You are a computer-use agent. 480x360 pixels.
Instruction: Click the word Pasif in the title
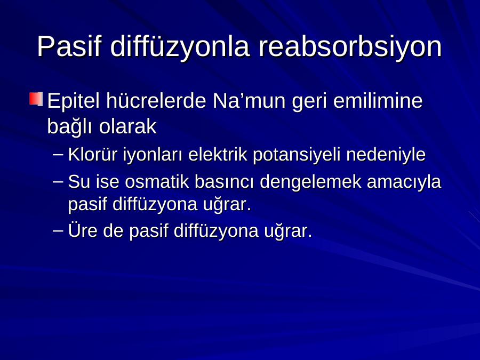click(x=69, y=46)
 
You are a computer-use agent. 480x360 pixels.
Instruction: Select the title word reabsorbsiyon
click(x=350, y=46)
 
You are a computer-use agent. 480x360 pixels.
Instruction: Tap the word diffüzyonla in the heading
click(x=180, y=46)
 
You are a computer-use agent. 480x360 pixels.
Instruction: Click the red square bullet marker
click(x=36, y=99)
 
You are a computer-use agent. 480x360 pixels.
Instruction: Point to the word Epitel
click(x=74, y=101)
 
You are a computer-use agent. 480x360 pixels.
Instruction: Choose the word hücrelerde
click(x=156, y=100)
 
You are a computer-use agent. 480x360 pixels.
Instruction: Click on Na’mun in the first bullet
click(x=249, y=100)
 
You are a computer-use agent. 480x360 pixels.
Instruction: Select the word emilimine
click(x=378, y=100)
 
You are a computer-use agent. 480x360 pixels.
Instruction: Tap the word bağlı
click(x=69, y=126)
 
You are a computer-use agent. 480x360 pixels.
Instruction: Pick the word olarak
click(x=127, y=126)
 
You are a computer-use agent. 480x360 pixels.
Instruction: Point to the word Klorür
click(x=93, y=154)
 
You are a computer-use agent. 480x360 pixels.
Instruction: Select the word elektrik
click(x=218, y=154)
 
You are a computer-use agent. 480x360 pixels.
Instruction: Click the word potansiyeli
click(x=297, y=155)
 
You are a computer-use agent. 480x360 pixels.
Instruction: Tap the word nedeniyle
click(x=386, y=155)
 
